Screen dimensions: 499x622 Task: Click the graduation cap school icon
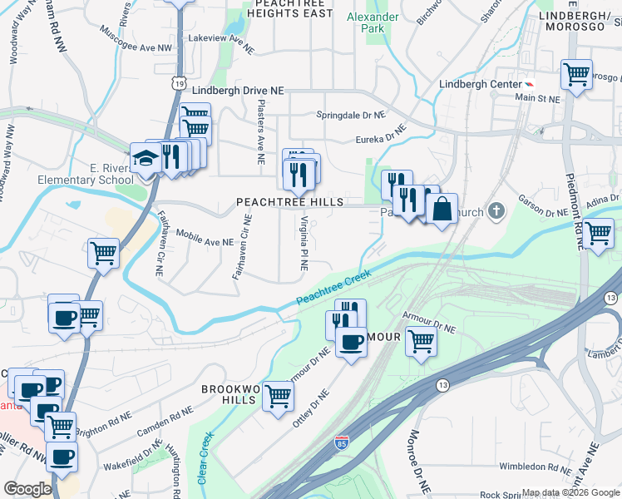click(x=146, y=158)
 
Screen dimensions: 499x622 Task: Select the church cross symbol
click(x=496, y=210)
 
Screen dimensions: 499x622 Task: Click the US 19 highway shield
click(x=180, y=82)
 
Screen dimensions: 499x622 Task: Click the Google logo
click(x=27, y=489)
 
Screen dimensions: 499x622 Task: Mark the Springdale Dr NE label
click(x=350, y=115)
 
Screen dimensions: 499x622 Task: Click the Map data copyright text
click(x=570, y=493)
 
